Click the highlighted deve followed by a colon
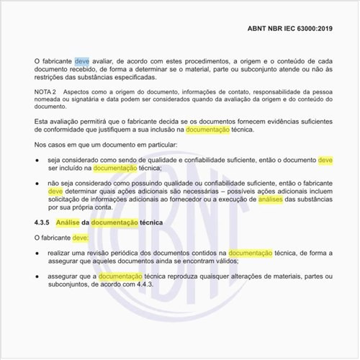click(80, 237)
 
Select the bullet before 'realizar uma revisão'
click(37, 254)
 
